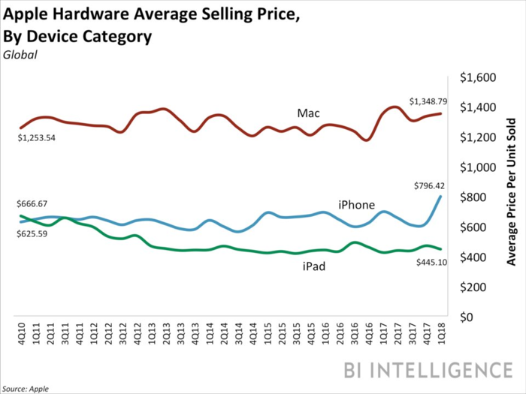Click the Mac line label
[x=308, y=113]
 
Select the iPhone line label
[x=355, y=204]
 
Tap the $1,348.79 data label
[x=429, y=101]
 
